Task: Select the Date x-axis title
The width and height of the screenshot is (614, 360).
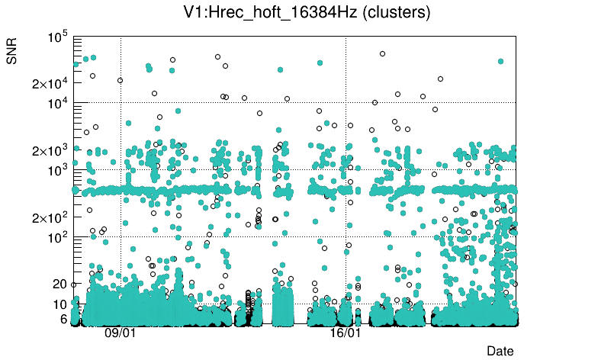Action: tap(500, 350)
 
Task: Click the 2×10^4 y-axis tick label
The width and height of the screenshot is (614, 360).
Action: tap(50, 83)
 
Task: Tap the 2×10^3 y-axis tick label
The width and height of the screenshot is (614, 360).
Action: tap(50, 151)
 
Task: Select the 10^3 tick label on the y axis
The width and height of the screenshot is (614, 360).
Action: tap(59, 171)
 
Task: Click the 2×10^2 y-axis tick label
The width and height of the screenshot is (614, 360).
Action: tap(50, 218)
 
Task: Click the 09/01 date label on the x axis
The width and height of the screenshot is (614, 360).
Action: tap(120, 333)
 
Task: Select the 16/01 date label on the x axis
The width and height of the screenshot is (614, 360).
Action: tap(345, 333)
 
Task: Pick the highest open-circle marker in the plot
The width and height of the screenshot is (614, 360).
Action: tap(382, 53)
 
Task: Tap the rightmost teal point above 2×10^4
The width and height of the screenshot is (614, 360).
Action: tap(500, 61)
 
